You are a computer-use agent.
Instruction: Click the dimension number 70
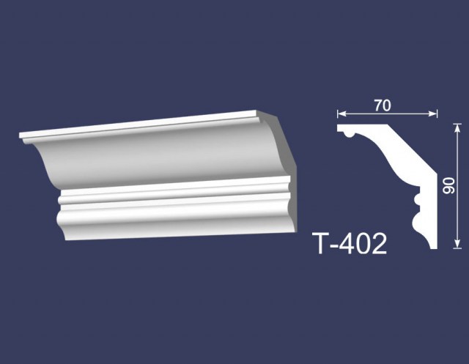tap(383, 105)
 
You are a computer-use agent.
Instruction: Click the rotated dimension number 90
tap(448, 185)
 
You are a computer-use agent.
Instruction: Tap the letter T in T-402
tap(322, 244)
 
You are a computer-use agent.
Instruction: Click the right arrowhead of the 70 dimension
tap(433, 114)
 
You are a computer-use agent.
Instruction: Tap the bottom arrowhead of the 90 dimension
tap(457, 245)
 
